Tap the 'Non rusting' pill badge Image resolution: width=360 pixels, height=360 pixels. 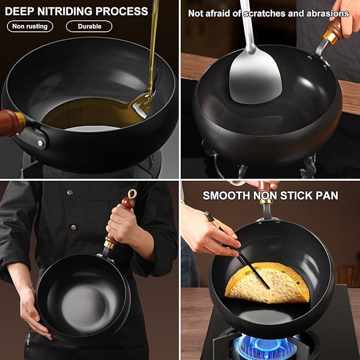coord(30,26)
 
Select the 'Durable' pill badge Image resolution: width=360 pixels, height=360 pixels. coord(89,26)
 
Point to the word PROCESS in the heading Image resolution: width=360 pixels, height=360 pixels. coord(122,11)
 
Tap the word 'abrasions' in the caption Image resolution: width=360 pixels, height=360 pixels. coord(328,13)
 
